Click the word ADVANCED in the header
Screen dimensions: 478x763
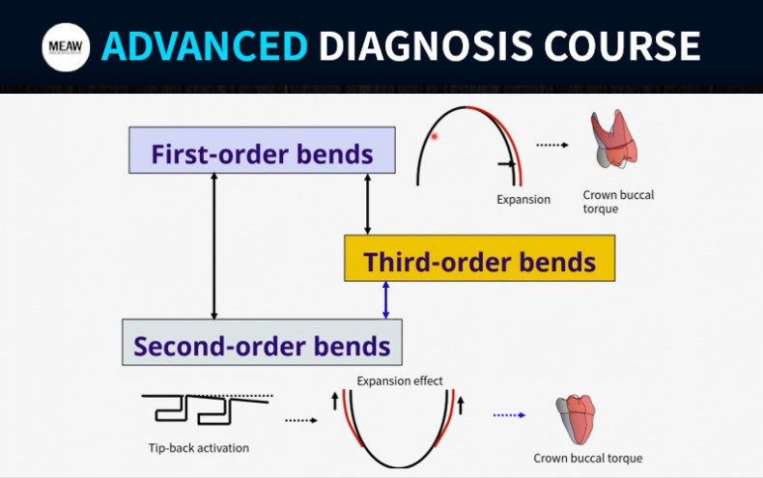point(205,45)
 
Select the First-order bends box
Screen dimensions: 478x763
point(262,151)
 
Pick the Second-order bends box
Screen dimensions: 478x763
point(262,343)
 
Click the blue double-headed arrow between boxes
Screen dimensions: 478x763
point(386,300)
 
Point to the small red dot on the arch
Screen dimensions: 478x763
point(435,136)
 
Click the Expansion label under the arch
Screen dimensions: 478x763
point(523,200)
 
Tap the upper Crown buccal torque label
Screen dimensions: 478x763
point(618,202)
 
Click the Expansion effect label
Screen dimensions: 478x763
point(400,380)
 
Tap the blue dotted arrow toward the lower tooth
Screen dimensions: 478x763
point(509,415)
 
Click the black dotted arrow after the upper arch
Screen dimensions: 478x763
point(553,145)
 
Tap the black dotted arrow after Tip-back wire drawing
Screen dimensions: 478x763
point(301,420)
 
